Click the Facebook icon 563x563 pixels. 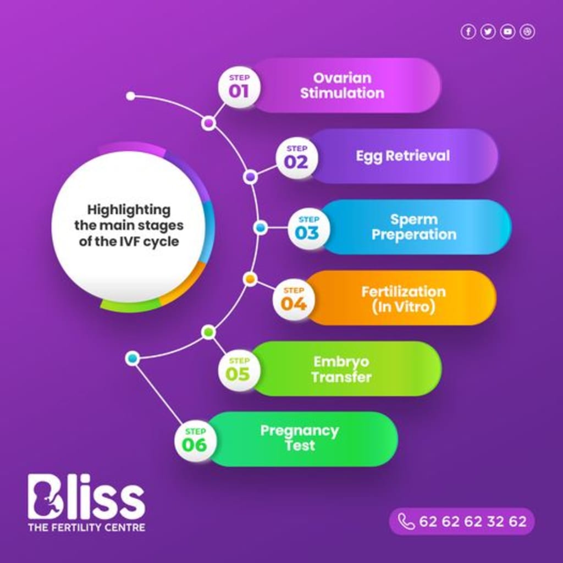468,32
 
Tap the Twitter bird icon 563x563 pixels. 488,32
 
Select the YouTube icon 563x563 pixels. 507,32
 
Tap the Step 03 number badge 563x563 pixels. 307,228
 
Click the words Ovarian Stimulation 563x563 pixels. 342,85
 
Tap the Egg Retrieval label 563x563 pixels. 402,156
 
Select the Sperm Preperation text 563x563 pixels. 414,227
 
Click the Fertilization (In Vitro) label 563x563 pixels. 403,299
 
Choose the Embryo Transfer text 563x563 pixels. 341,369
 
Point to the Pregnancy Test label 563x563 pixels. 300,438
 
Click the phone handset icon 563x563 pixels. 406,521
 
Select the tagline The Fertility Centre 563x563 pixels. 86,527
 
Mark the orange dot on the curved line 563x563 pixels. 250,279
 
